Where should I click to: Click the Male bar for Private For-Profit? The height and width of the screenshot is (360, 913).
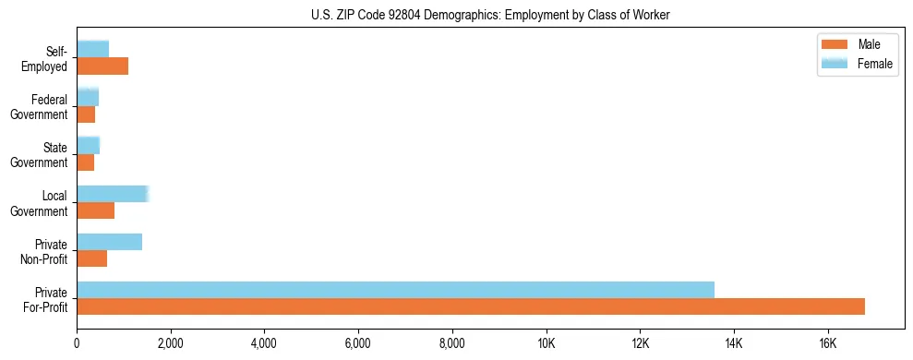pyautogui.click(x=471, y=306)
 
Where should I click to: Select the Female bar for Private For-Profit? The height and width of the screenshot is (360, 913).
pyautogui.click(x=395, y=290)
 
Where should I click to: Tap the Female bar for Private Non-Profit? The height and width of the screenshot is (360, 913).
pyautogui.click(x=109, y=242)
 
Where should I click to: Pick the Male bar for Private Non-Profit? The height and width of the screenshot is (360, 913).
pyautogui.click(x=91, y=258)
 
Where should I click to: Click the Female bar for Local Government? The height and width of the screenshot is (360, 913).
pyautogui.click(x=112, y=194)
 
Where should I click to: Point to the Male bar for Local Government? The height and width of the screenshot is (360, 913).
pyautogui.click(x=95, y=210)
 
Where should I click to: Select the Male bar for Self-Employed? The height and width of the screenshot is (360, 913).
pyautogui.click(x=102, y=66)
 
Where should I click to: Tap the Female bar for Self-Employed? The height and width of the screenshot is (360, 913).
pyautogui.click(x=92, y=49)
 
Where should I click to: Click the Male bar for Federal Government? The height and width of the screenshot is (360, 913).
pyautogui.click(x=86, y=114)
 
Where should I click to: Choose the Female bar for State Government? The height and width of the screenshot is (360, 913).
pyautogui.click(x=88, y=146)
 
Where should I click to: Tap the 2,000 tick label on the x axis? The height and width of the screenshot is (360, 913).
pyautogui.click(x=171, y=344)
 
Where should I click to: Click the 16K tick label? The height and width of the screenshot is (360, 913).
pyautogui.click(x=828, y=344)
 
